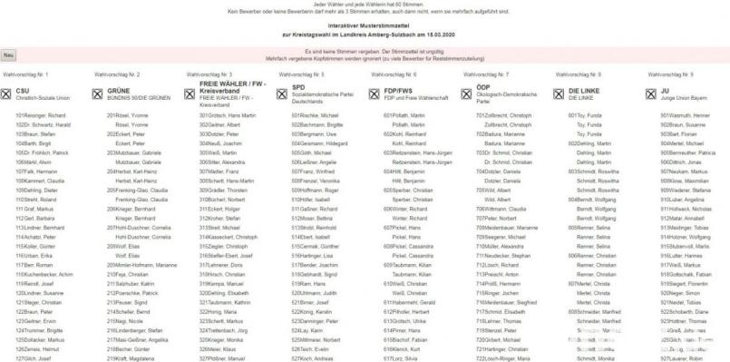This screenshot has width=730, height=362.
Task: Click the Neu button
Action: coord(9,55)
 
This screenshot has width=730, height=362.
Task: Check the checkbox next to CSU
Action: coord(7,93)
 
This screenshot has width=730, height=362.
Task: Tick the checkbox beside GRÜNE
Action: coord(98,93)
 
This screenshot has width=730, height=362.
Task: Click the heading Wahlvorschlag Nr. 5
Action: coord(303,73)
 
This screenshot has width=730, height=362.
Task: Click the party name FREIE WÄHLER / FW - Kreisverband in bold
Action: coord(230,88)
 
